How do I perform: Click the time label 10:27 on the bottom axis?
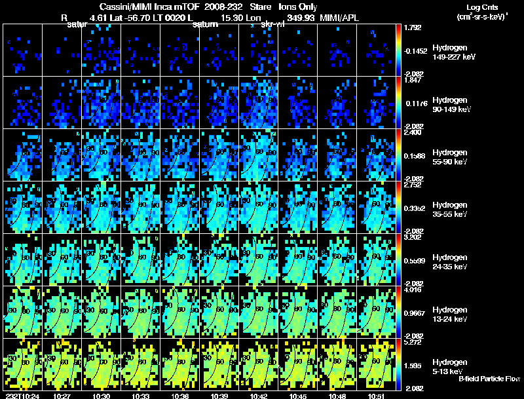pyautogui.click(x=62, y=395)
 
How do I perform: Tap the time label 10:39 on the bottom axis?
pyautogui.click(x=219, y=395)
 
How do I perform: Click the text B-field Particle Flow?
pyautogui.click(x=489, y=379)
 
